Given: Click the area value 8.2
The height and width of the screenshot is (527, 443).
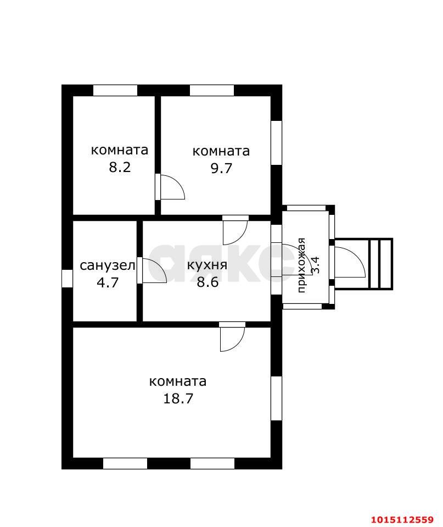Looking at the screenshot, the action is click(x=120, y=167).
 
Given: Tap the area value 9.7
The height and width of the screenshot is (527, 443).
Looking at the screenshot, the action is click(x=221, y=168).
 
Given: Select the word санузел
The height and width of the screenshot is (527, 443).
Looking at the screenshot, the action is click(x=108, y=265).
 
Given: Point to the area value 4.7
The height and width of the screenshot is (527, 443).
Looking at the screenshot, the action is click(x=108, y=282).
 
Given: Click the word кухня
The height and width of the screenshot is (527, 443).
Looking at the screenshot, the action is click(x=207, y=265).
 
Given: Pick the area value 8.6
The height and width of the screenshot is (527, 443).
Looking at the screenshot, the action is click(x=208, y=282).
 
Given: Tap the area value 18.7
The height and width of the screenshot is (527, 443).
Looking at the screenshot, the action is click(x=178, y=398).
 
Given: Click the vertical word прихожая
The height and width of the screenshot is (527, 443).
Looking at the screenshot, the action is click(x=301, y=265).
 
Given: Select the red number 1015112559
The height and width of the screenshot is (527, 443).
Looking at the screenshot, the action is click(x=402, y=519).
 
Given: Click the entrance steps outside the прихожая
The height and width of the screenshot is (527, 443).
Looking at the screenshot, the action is click(x=380, y=264).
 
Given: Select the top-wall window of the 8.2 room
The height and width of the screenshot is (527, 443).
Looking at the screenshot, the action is click(x=115, y=91).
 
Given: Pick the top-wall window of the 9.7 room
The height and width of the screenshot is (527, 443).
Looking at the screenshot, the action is click(x=212, y=91).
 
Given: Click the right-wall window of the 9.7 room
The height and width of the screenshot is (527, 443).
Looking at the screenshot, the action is click(x=277, y=142).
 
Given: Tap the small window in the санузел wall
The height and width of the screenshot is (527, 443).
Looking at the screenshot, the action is click(x=68, y=278).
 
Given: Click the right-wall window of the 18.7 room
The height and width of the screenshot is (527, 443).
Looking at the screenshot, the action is click(x=277, y=398).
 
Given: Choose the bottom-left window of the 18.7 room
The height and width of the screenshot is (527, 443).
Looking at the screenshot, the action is click(x=125, y=463).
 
